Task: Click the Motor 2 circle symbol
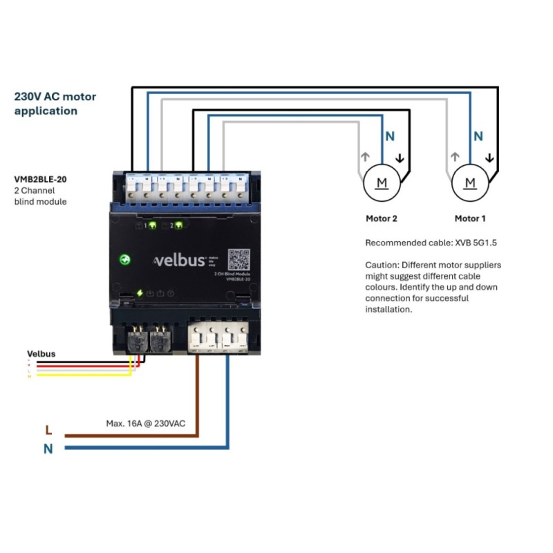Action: click(382, 182)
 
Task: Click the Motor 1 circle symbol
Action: click(470, 182)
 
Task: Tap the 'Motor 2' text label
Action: click(382, 218)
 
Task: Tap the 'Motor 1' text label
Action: click(470, 218)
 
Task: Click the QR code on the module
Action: click(238, 259)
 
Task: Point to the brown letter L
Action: click(48, 430)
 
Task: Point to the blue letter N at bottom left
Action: click(48, 449)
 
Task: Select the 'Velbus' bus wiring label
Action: click(41, 353)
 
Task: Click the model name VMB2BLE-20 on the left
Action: click(41, 178)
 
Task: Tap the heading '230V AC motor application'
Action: click(55, 104)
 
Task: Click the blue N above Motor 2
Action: click(390, 137)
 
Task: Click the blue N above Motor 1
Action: click(478, 137)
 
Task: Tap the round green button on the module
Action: click(126, 260)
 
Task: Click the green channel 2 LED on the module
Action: click(179, 225)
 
